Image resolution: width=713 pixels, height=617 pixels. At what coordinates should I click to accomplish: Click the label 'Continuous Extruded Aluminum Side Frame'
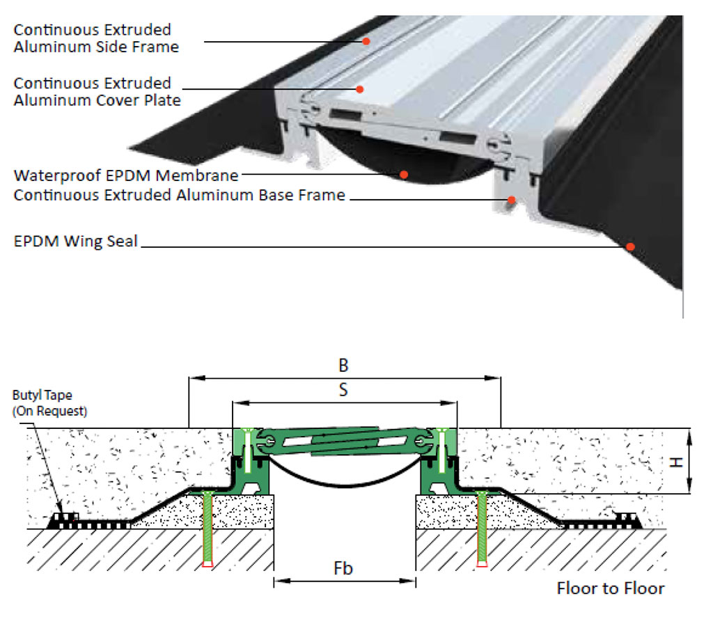96,39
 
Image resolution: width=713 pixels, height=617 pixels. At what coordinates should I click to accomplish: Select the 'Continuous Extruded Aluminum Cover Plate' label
97,92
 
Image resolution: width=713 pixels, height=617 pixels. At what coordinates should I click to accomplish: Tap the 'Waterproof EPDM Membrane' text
126,175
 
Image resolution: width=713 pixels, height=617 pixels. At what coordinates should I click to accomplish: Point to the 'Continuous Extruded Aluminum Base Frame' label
180,195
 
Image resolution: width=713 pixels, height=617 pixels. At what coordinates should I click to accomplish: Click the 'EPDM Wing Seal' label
76,242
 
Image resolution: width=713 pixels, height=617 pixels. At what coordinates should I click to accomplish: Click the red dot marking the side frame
365,41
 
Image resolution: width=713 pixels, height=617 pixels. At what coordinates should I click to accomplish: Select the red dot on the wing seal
630,246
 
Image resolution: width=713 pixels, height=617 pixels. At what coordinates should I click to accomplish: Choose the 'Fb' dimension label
343,568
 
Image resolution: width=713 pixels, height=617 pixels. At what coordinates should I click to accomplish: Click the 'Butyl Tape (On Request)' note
49,404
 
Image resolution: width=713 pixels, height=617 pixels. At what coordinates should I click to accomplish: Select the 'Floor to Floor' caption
610,588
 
